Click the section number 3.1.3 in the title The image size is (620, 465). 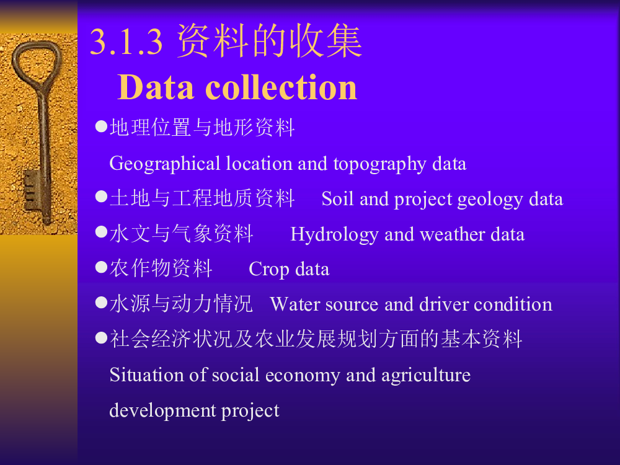point(126,42)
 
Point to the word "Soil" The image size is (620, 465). point(337,198)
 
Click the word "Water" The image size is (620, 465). point(295,304)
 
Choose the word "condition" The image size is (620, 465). point(513,304)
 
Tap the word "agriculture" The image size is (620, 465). point(426,376)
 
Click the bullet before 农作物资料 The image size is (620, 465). point(102,267)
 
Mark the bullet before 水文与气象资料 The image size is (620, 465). point(102,232)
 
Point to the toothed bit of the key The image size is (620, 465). point(32,190)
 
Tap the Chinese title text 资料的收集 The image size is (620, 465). point(269,41)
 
